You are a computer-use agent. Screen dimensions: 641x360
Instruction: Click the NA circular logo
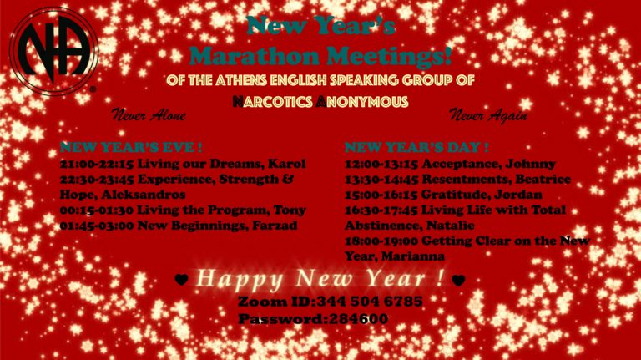click(53, 52)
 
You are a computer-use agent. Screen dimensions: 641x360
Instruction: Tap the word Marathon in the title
click(254, 56)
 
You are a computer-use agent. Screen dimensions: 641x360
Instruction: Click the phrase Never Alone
click(149, 115)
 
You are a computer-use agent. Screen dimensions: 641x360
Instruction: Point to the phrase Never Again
click(488, 115)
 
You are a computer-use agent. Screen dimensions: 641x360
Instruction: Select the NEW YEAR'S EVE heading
click(131, 147)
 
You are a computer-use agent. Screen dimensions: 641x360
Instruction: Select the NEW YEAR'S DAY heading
click(416, 147)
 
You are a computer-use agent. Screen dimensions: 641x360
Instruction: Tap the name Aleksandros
click(144, 195)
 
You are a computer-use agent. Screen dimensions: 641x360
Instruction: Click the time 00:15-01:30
click(97, 210)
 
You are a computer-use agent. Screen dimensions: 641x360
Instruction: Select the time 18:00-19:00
click(381, 241)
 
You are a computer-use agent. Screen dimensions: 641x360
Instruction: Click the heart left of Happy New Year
click(181, 280)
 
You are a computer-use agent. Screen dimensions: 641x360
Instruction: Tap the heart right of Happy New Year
click(458, 280)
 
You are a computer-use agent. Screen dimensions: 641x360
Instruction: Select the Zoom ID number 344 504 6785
click(370, 302)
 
